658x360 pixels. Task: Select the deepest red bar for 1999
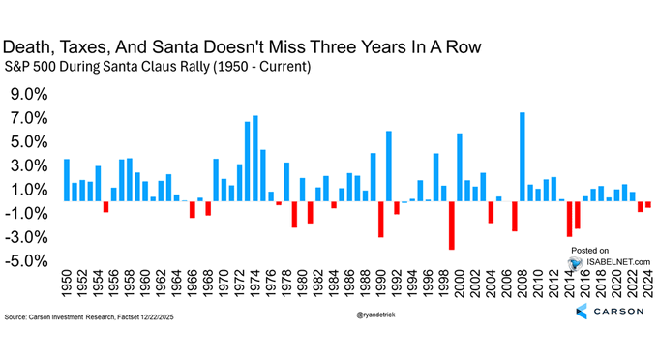(452, 225)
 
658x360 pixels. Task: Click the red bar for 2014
(570, 219)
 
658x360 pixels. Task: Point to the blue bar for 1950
(67, 180)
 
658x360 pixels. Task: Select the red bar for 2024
(648, 205)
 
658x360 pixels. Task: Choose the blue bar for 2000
(460, 167)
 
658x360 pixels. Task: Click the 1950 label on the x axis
(67, 285)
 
